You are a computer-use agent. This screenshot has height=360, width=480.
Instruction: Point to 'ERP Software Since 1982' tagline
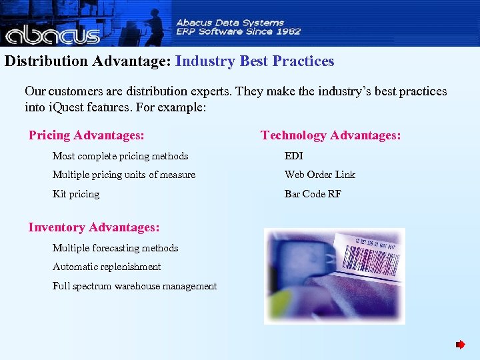[x=238, y=31]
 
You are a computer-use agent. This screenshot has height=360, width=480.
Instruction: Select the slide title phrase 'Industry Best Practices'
[x=255, y=61]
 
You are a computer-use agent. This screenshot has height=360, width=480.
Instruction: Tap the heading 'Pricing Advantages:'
[x=86, y=135]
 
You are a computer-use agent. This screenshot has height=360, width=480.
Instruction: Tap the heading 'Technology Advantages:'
[x=331, y=135]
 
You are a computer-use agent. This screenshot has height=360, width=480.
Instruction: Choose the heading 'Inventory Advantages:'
[x=93, y=227]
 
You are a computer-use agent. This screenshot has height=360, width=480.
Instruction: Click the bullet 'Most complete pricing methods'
[x=120, y=156]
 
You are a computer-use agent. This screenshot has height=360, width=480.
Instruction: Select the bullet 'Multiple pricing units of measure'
[x=124, y=175]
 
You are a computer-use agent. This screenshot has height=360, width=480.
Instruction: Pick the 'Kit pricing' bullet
[x=76, y=194]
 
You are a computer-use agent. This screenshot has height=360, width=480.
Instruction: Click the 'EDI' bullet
[x=293, y=156]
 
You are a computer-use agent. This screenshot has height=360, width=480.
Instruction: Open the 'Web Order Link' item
[x=320, y=175]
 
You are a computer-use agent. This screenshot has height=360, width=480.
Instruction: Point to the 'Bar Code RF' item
[x=313, y=194]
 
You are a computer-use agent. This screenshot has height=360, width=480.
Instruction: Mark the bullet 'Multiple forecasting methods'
[x=115, y=248]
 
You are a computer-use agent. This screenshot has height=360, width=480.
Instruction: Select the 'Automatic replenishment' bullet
[x=107, y=267]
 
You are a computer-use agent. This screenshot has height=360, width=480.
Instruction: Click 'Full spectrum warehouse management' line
[x=135, y=286]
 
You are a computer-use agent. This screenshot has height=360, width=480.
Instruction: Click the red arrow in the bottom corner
[x=460, y=345]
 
